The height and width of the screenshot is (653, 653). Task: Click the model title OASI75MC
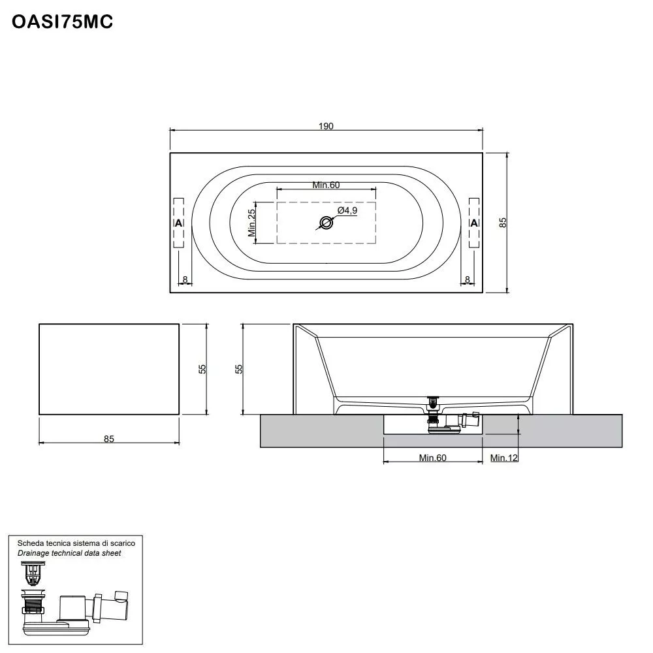[x=63, y=22]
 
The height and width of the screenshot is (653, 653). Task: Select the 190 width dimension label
[x=326, y=126]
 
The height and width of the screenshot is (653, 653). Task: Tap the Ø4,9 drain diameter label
[x=347, y=210]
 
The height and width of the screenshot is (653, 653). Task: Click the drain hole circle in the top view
[x=326, y=223]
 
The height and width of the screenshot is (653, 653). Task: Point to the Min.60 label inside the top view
[x=326, y=185]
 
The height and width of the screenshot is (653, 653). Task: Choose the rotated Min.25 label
[x=251, y=223]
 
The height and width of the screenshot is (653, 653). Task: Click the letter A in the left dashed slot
[x=179, y=223]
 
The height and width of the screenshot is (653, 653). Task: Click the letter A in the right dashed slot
[x=474, y=223]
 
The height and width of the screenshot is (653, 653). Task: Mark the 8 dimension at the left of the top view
[x=185, y=279]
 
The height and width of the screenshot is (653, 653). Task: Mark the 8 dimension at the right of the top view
[x=468, y=279]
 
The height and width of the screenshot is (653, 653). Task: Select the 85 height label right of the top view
[x=503, y=223]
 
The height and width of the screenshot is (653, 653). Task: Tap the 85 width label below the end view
[x=108, y=439]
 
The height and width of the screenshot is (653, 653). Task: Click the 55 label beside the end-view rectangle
[x=202, y=369]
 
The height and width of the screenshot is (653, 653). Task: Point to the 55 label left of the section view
[x=239, y=369]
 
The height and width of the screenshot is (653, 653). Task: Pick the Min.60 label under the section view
[x=432, y=458]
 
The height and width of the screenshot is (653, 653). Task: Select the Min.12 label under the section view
[x=504, y=458]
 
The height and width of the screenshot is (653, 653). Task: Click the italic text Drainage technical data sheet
[x=69, y=553]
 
